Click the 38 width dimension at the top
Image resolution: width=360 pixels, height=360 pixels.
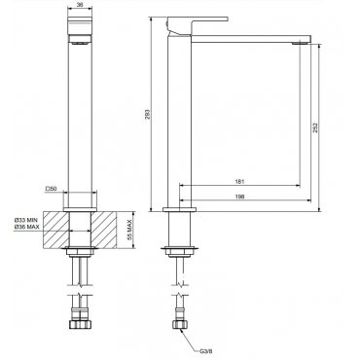[x=80, y=5]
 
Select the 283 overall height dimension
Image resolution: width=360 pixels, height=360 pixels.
[x=147, y=115]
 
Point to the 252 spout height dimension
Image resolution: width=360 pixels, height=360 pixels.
[x=315, y=127]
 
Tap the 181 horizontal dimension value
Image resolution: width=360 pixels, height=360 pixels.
[x=239, y=182]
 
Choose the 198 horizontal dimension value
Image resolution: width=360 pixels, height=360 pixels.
[x=240, y=197]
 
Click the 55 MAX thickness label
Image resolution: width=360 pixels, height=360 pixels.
[x=129, y=230]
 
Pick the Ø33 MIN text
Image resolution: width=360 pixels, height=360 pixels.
[x=26, y=221]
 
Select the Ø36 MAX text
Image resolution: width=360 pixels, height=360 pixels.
[x=26, y=227]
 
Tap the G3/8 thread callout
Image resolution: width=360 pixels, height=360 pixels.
[x=206, y=351]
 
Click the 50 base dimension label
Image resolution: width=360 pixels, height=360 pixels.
[x=51, y=189]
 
